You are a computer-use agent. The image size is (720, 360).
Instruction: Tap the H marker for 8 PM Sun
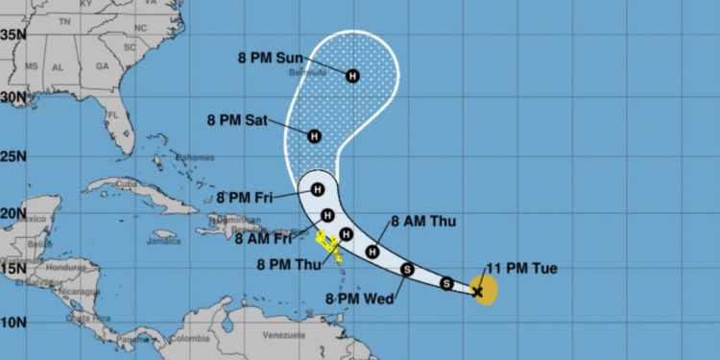click(352, 75)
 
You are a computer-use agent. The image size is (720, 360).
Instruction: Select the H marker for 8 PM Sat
click(313, 136)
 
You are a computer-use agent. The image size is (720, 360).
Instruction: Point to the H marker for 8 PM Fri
click(317, 189)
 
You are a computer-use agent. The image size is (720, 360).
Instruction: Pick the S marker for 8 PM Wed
click(407, 270)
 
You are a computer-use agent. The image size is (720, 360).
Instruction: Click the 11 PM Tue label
click(522, 268)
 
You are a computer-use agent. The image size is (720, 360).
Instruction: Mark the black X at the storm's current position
click(478, 290)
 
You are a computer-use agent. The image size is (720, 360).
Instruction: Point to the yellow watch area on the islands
click(328, 241)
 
